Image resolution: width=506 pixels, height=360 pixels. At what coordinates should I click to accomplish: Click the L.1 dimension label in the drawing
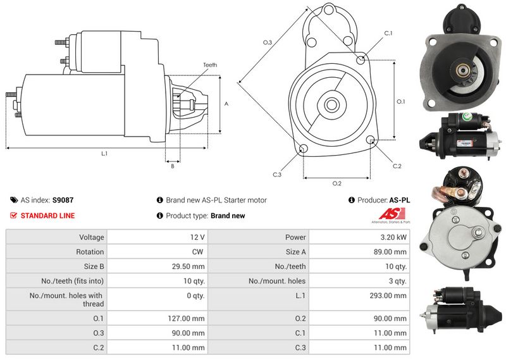pyautogui.click(x=104, y=154)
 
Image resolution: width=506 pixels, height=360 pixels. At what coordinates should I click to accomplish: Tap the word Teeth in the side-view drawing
pyautogui.click(x=210, y=65)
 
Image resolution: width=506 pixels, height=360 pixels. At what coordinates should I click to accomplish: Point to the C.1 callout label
pyautogui.click(x=388, y=33)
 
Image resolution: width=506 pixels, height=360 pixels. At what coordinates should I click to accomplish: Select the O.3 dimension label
pyautogui.click(x=268, y=42)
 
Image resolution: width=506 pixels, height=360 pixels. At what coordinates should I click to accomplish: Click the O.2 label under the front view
pyautogui.click(x=337, y=183)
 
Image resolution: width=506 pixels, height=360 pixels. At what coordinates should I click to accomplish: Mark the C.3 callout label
pyautogui.click(x=277, y=175)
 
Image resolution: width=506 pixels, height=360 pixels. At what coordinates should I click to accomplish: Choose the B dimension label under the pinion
pyautogui.click(x=172, y=166)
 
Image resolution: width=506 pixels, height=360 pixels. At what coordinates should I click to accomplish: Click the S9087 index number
pyautogui.click(x=63, y=200)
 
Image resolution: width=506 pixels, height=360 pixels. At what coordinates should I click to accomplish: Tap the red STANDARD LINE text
pyautogui.click(x=47, y=216)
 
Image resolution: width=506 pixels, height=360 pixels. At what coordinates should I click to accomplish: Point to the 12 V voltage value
pyautogui.click(x=197, y=237)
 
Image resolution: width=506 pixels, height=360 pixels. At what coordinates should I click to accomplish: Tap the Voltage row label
pyautogui.click(x=91, y=237)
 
